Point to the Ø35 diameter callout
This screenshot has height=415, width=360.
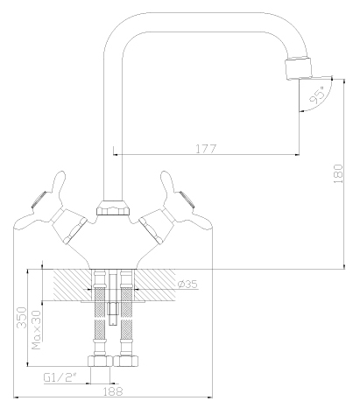point(187,285)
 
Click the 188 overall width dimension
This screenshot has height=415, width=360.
point(113,393)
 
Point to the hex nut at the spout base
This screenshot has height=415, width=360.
point(112,210)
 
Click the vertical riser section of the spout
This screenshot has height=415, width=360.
point(112,131)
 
